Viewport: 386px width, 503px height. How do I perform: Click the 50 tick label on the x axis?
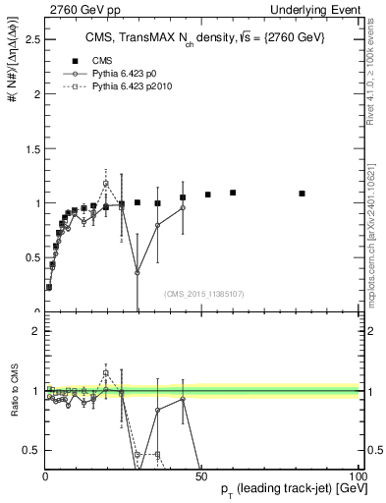pos(201,475)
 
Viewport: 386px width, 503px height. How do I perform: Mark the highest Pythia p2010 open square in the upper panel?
pos(106,183)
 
